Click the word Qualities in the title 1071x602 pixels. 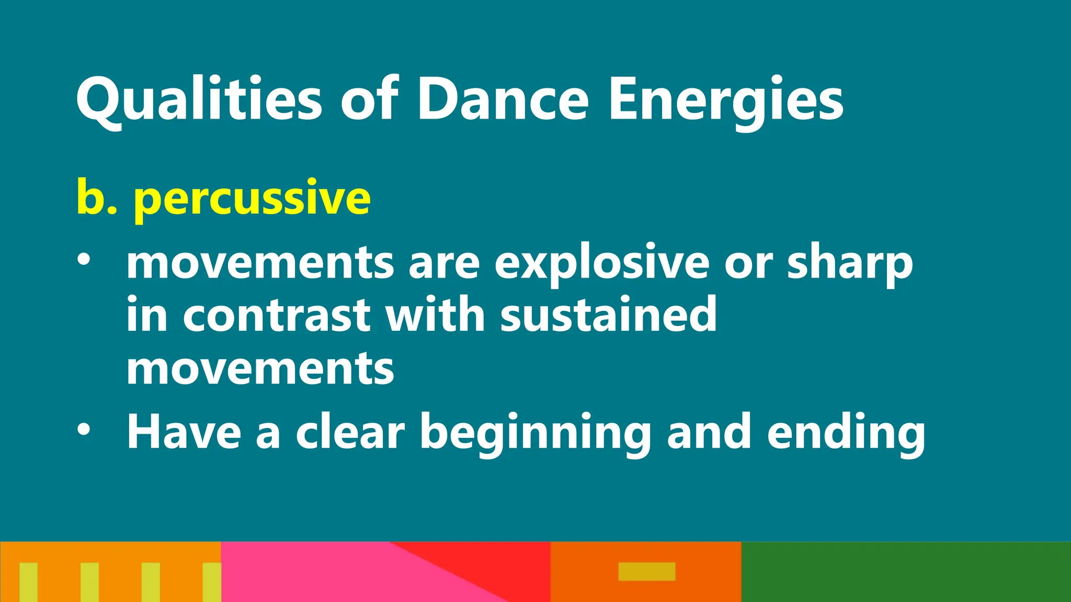click(199, 100)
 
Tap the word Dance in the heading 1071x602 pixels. click(503, 100)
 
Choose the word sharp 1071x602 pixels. click(850, 264)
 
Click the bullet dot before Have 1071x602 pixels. click(84, 430)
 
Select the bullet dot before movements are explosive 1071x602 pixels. click(84, 260)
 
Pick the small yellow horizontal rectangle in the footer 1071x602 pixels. click(647, 571)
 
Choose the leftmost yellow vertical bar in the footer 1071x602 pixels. click(29, 582)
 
